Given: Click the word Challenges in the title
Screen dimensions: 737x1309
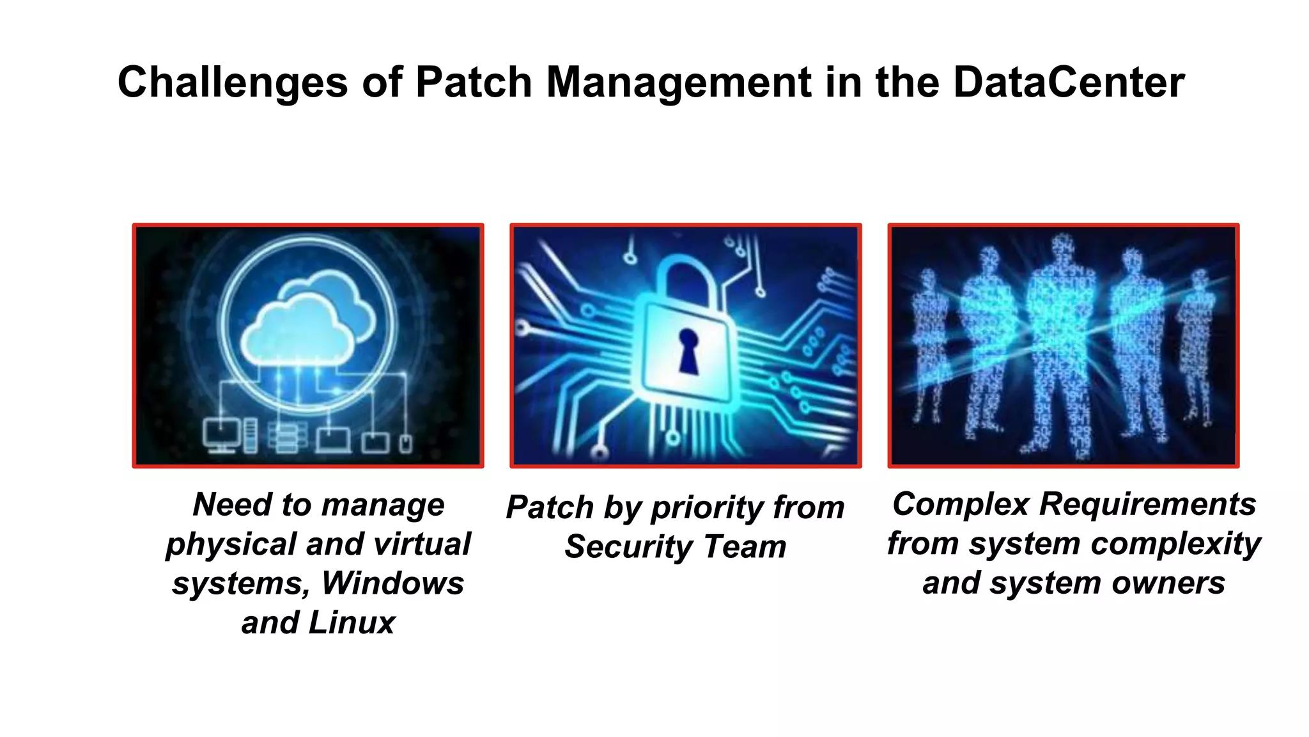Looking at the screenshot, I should (233, 83).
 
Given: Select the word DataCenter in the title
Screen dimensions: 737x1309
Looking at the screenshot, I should (1069, 83).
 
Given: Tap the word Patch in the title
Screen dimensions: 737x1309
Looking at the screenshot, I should (474, 83).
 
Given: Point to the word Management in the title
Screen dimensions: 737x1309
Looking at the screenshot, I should (678, 83).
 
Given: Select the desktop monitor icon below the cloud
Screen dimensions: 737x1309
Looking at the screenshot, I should (221, 434).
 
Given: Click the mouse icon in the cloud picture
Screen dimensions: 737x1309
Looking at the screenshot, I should (405, 443).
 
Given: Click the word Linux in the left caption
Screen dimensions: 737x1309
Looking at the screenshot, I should (352, 622).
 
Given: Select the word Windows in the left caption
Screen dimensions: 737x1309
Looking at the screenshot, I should (392, 583).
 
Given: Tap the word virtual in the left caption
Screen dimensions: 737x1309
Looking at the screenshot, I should (422, 544).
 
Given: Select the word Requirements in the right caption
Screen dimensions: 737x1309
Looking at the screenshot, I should (1148, 504).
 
